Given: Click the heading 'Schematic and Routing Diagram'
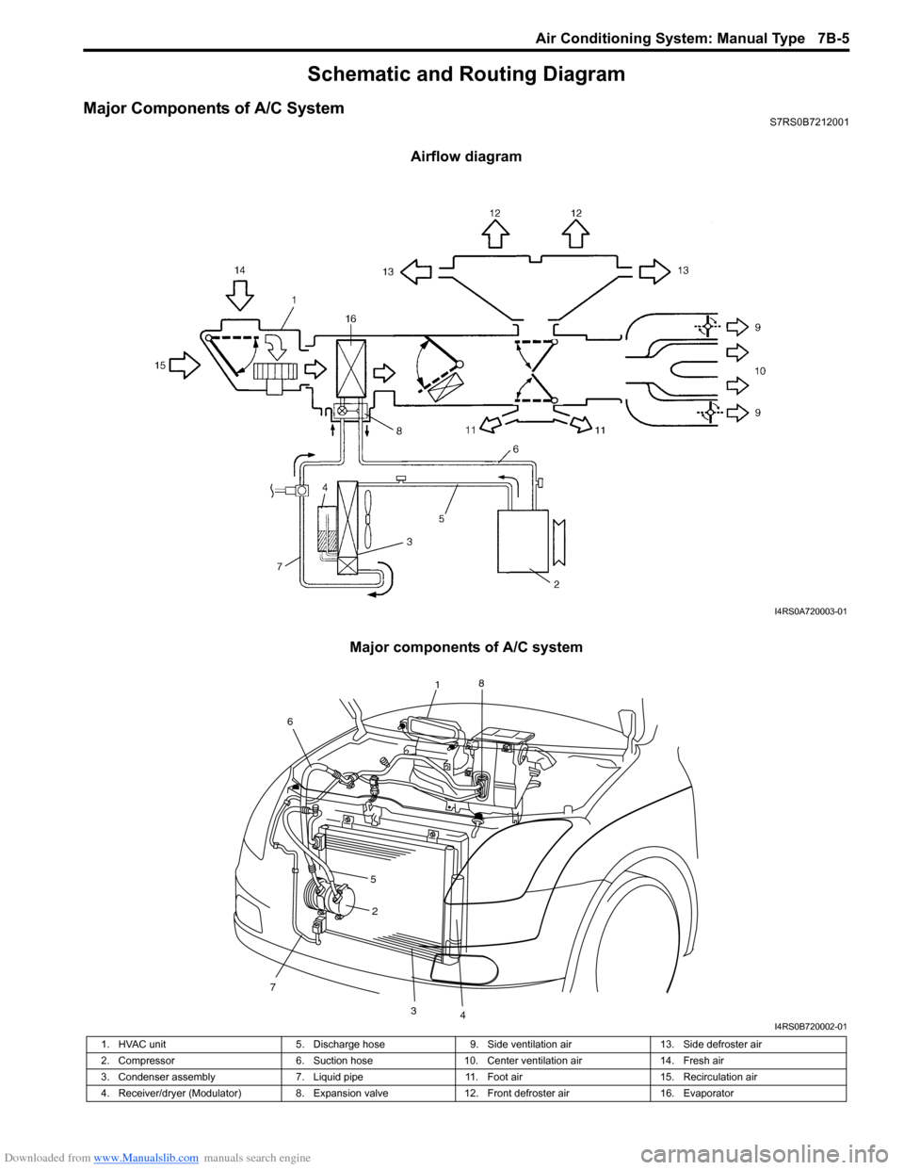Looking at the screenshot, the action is tap(466, 73).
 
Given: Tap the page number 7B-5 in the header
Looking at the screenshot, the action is tap(832, 39).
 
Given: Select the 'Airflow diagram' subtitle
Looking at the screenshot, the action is tap(466, 156).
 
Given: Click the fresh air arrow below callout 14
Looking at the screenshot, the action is tap(239, 296).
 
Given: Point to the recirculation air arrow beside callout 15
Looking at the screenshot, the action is tap(185, 365).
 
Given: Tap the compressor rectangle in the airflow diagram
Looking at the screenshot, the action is tap(523, 541).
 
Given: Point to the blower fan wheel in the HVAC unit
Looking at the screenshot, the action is tap(275, 372).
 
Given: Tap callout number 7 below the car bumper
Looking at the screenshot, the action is tap(273, 987).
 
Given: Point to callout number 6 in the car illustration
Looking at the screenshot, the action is tap(290, 722).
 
